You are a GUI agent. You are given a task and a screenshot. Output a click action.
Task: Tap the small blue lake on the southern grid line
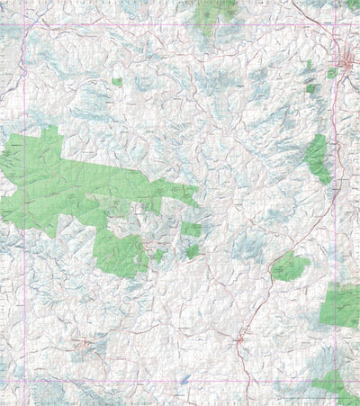[184, 381]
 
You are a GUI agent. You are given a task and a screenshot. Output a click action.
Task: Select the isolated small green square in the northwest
[117, 82]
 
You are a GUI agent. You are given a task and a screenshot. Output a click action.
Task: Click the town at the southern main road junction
[239, 339]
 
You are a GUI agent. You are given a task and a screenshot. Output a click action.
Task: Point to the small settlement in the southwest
[85, 342]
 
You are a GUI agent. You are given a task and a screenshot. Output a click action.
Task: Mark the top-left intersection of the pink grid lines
[24, 23]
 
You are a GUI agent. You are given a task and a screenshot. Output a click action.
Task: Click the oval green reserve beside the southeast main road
[290, 266]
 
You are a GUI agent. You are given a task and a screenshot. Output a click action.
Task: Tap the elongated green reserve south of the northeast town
[317, 158]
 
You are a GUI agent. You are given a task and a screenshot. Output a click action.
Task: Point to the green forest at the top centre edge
[217, 11]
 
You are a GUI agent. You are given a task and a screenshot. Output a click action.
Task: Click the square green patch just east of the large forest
[192, 230]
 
